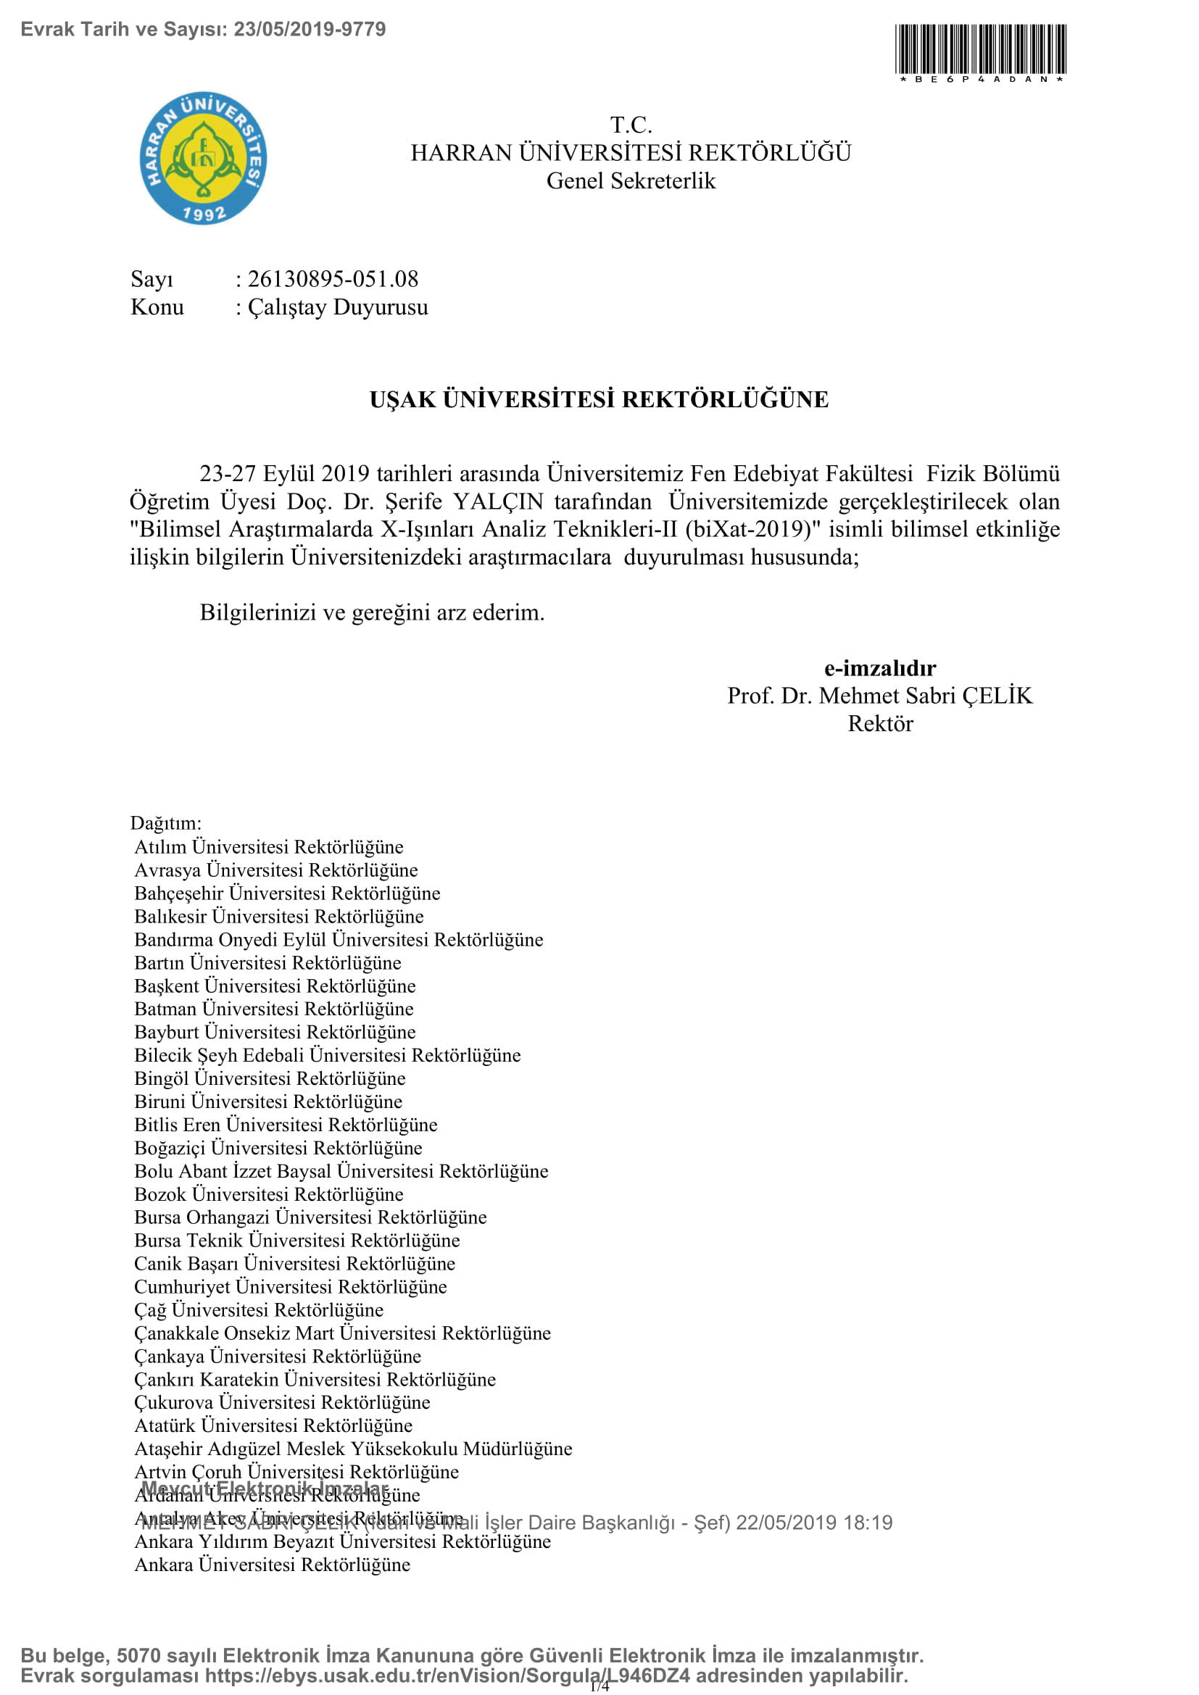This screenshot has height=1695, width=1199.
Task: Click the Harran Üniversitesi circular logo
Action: point(203,158)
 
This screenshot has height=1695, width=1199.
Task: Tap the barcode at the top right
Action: point(980,50)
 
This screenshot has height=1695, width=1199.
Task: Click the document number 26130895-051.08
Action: point(333,279)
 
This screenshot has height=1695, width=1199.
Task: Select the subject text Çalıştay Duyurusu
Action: point(338,307)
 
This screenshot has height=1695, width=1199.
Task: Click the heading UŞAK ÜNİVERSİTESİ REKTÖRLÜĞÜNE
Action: point(599,399)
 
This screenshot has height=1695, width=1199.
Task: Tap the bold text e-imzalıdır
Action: point(879,668)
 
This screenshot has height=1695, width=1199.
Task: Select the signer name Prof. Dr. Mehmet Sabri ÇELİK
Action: point(879,696)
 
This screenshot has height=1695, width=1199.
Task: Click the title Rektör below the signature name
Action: point(879,723)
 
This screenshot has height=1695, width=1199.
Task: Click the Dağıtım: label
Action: point(165,823)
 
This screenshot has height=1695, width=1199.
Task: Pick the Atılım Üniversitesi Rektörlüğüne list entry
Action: point(269,846)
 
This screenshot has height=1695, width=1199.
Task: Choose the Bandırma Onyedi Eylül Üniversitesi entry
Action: point(338,940)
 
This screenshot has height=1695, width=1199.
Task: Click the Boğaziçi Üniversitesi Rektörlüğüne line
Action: point(278,1148)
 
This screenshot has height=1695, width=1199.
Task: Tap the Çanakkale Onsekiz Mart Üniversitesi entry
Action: point(343,1333)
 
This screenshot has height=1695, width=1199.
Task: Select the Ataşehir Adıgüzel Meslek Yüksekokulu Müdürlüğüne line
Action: point(353,1449)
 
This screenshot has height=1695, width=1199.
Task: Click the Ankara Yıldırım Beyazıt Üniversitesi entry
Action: point(343,1541)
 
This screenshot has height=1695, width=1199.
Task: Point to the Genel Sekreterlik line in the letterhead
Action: point(631,181)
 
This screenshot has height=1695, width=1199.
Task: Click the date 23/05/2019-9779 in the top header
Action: point(310,30)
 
